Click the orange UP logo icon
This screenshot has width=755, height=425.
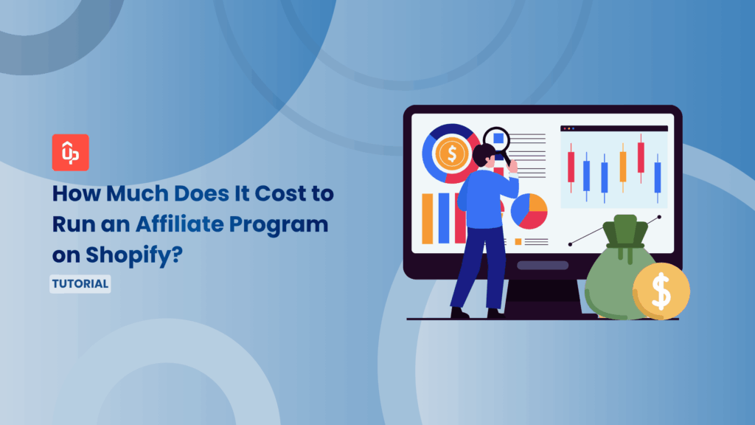coord(71,152)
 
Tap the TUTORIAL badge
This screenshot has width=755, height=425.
coord(80,283)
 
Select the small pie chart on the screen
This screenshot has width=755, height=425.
coord(529,211)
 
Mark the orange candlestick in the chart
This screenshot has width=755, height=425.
coord(623,167)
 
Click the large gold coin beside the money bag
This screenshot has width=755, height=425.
coord(661,291)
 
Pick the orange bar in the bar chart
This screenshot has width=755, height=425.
coord(427,218)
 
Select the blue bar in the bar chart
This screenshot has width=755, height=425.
coord(443,218)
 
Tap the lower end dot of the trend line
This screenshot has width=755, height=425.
coord(570,243)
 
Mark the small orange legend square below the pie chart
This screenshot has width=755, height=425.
coord(518,241)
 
